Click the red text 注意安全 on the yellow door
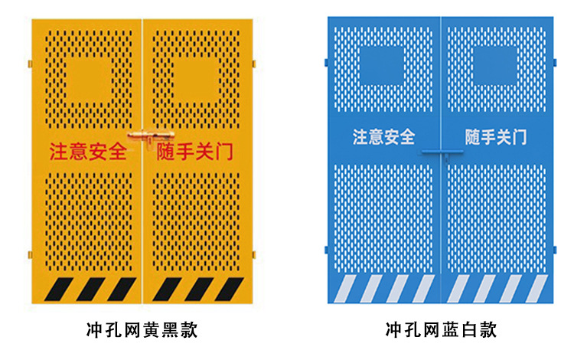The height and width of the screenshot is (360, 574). (88, 152)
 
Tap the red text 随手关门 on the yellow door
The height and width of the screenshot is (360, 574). (195, 152)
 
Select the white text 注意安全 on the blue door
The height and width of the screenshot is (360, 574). (383, 138)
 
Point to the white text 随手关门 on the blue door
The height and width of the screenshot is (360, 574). (496, 138)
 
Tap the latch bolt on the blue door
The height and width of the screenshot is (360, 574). (440, 152)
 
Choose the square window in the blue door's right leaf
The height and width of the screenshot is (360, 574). (496, 66)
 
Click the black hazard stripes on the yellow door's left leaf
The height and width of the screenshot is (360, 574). (90, 289)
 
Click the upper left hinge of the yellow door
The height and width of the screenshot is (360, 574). (29, 62)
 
